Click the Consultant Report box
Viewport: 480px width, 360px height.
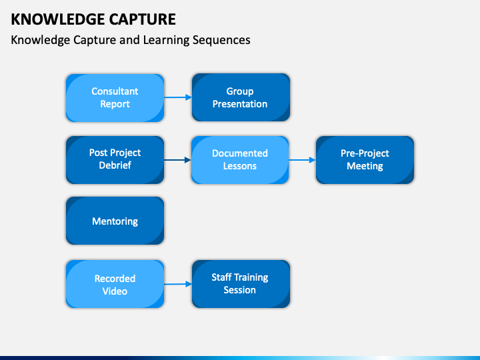pos(115,98)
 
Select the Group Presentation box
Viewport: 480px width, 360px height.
pos(241,97)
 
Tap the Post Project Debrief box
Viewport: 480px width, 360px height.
pos(115,160)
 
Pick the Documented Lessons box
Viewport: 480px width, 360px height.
pos(240,160)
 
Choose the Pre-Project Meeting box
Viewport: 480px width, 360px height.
pos(365,160)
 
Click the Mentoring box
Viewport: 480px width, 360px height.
pos(115,221)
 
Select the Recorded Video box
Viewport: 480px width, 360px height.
pos(115,284)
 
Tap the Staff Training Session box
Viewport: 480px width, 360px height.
pos(241,284)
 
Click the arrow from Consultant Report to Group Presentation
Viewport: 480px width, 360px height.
pos(178,97)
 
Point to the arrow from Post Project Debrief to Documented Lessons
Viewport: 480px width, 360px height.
pos(177,160)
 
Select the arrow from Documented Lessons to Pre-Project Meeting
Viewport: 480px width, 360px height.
pos(302,160)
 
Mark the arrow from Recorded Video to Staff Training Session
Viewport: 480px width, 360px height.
pos(178,284)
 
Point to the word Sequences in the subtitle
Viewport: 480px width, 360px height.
pos(221,40)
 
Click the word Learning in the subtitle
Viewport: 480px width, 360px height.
pos(166,41)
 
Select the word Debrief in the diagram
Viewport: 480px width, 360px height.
pos(115,165)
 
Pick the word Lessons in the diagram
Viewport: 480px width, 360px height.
pos(240,166)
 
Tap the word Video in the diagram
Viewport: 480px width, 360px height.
pos(115,291)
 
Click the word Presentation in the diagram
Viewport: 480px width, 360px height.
pos(240,104)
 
